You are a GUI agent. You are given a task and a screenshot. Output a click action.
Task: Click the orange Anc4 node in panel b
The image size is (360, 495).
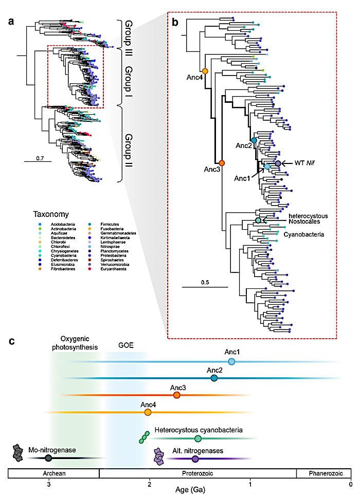pyautogui.click(x=205, y=71)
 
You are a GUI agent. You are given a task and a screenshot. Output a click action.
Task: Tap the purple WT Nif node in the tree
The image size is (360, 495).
pyautogui.click(x=278, y=163)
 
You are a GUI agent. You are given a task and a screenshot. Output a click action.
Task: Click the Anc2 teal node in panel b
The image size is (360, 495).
pyautogui.click(x=254, y=140)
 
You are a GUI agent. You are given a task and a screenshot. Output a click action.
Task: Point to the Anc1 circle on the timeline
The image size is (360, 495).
pyautogui.click(x=231, y=362)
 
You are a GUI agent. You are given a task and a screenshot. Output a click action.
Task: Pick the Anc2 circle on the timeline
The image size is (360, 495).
pyautogui.click(x=214, y=378)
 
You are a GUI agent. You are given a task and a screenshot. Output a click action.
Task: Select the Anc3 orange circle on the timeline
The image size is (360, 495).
pyautogui.click(x=177, y=395)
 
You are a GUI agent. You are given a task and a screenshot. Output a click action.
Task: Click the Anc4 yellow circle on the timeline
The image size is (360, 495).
pyautogui.click(x=148, y=412)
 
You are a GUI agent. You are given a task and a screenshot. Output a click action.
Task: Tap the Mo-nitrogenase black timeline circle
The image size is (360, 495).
pyautogui.click(x=48, y=458)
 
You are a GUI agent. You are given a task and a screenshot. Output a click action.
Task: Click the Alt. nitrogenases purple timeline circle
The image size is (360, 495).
pyautogui.click(x=195, y=459)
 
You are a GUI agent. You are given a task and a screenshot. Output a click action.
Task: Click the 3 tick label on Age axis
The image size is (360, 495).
pyautogui.click(x=49, y=484)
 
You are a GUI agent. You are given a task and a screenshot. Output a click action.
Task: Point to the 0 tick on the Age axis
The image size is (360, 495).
pyautogui.click(x=351, y=484)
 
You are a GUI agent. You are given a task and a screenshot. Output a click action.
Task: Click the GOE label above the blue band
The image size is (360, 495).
pyautogui.click(x=125, y=345)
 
